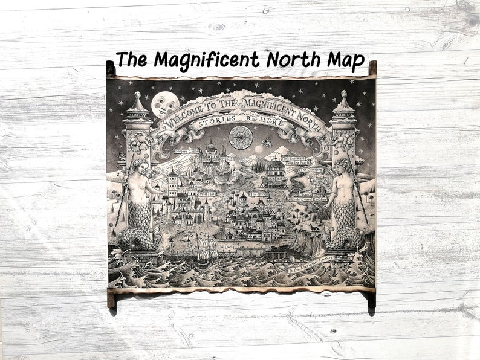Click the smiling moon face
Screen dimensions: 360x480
coord(164,104)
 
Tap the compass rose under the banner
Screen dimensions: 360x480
coord(240,137)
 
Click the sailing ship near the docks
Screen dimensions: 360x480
coord(201,246)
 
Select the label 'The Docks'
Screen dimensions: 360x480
coord(225,248)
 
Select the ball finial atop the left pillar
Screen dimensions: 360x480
coord(138,95)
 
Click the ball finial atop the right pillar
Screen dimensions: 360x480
coord(343,94)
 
